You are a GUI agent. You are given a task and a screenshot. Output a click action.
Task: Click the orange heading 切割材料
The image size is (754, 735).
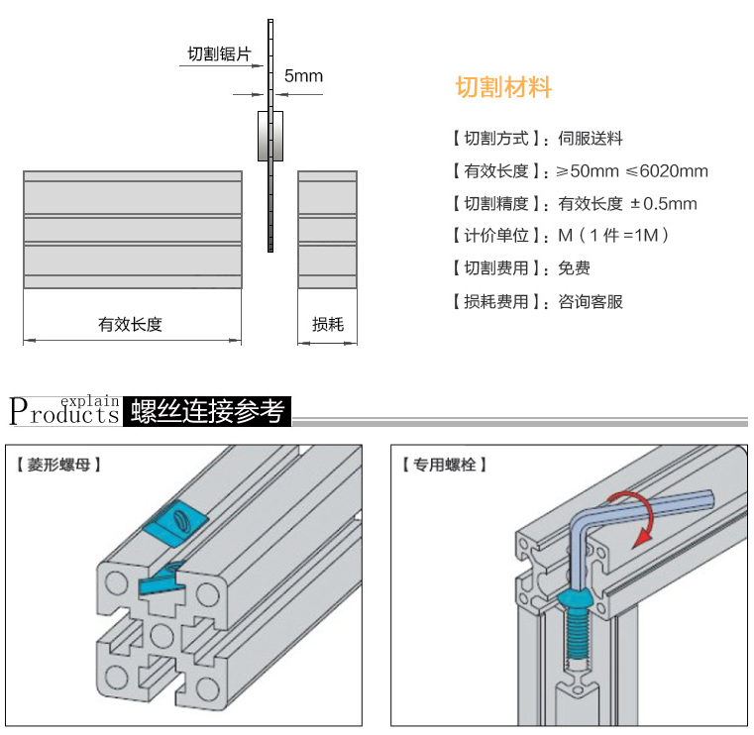point(503,88)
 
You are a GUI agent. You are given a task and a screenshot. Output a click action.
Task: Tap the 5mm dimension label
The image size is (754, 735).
point(303,75)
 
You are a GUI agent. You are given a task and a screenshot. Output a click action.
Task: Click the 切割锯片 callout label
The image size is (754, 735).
point(218,54)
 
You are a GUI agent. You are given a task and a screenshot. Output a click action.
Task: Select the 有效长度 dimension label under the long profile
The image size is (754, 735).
point(130,324)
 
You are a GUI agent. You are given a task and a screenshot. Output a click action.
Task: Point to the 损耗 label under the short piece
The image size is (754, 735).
point(327,324)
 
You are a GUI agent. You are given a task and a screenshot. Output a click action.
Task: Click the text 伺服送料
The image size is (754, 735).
point(591,139)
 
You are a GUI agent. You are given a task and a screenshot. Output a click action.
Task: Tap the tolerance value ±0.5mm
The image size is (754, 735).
point(664,204)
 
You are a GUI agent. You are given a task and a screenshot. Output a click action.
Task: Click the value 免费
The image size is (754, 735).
point(575,268)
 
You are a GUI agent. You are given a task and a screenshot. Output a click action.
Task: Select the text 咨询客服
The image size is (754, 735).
point(591,301)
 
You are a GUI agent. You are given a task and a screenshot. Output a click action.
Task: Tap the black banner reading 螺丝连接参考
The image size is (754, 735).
point(207,410)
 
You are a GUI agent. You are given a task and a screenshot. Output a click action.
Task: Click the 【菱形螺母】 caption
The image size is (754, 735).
point(59,463)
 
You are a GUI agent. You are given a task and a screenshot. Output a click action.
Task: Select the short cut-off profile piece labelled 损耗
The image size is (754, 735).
point(327,230)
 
